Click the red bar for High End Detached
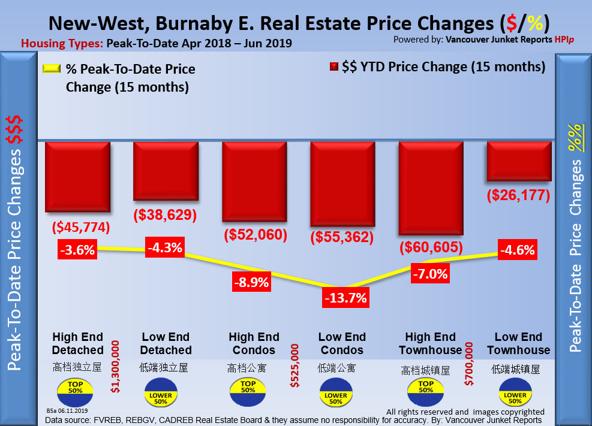(77, 176)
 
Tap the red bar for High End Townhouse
(431, 188)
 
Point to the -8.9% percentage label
(252, 281)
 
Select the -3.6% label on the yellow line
(77, 249)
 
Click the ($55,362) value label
(341, 237)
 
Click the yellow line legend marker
(52, 68)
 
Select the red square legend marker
(334, 67)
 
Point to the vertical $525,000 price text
(295, 365)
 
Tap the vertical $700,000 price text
(470, 365)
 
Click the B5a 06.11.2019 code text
(67, 411)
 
